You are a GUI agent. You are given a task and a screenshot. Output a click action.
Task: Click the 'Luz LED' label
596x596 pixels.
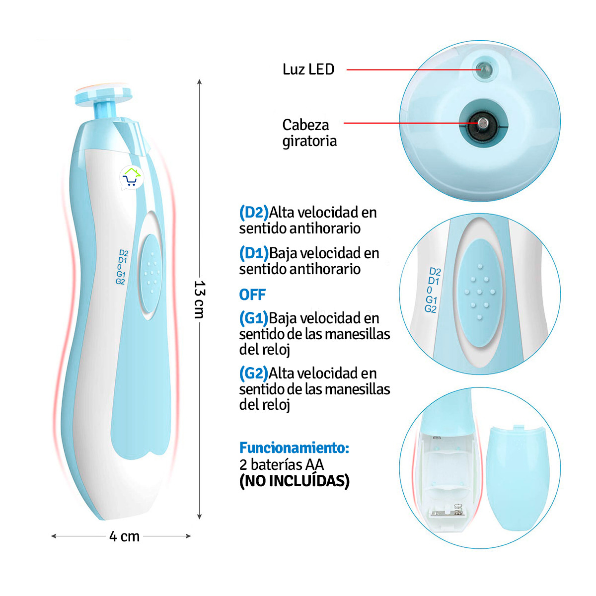(x=308, y=69)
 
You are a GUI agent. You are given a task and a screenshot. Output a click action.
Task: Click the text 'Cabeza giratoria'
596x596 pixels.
(x=309, y=133)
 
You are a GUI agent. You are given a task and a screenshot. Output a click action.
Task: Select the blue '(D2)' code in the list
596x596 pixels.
(x=254, y=213)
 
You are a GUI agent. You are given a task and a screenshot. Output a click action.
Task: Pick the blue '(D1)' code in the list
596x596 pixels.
(x=254, y=253)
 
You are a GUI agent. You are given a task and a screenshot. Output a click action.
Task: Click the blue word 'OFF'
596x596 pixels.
(x=252, y=295)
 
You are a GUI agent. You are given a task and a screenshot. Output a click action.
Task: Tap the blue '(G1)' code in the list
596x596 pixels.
(x=254, y=318)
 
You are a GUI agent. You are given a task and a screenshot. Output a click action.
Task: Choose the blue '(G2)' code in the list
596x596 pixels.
(x=254, y=373)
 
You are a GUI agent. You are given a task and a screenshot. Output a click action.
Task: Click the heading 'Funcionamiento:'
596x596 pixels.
(x=294, y=448)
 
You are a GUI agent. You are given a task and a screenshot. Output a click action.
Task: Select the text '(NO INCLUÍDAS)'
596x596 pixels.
(x=294, y=481)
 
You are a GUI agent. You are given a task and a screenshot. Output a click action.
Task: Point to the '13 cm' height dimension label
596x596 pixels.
(x=199, y=299)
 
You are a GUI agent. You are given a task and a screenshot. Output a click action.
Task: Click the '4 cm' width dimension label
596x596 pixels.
(x=124, y=536)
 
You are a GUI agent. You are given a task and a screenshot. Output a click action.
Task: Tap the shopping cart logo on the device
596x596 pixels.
(x=132, y=177)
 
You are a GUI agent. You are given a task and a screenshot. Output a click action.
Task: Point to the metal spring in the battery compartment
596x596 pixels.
(x=458, y=508)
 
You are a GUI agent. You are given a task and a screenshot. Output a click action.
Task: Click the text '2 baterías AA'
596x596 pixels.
(x=281, y=465)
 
